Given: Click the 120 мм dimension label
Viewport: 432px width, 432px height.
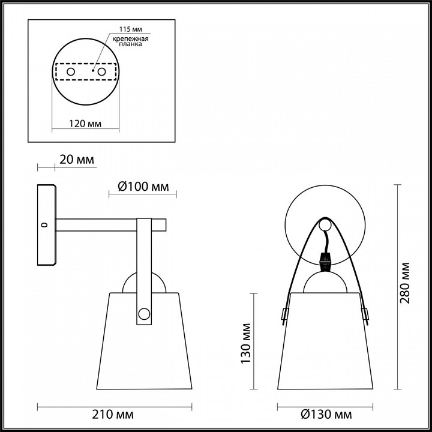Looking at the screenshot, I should point(84,124).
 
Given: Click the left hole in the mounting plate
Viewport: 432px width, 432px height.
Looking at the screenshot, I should point(70,72).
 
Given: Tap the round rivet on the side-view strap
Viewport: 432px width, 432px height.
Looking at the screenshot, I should point(144,313).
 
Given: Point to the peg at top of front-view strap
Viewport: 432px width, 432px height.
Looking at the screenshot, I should point(325,225).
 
